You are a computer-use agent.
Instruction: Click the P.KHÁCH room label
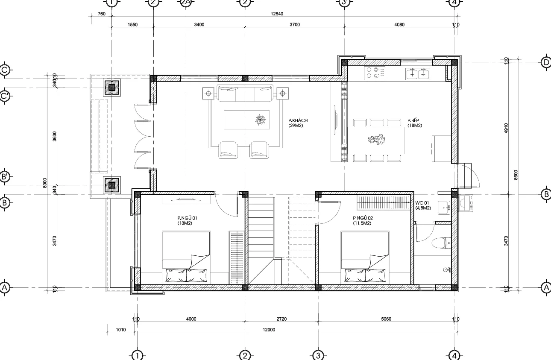(x=298, y=123)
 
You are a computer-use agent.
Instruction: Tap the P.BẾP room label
(x=414, y=123)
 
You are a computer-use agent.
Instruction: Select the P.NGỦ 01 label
(x=187, y=220)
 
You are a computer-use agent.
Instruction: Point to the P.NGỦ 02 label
(x=362, y=220)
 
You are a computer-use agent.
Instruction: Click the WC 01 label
(x=423, y=205)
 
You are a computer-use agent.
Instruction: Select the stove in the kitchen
(x=374, y=73)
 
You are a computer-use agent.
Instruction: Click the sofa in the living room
(x=245, y=93)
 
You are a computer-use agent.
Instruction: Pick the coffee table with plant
(x=247, y=120)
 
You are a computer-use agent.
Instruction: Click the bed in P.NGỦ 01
(x=186, y=258)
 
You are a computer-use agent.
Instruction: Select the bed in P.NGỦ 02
(x=365, y=258)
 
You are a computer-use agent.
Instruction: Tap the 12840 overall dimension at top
(x=277, y=14)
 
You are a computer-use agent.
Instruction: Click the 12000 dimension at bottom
(x=269, y=329)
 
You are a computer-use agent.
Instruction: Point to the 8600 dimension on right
(x=516, y=174)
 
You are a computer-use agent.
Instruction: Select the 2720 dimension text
(x=281, y=319)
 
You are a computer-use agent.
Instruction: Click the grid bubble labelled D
(x=546, y=62)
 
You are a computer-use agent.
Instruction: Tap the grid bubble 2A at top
(x=185, y=3)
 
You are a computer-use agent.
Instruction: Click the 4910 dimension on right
(x=506, y=128)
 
